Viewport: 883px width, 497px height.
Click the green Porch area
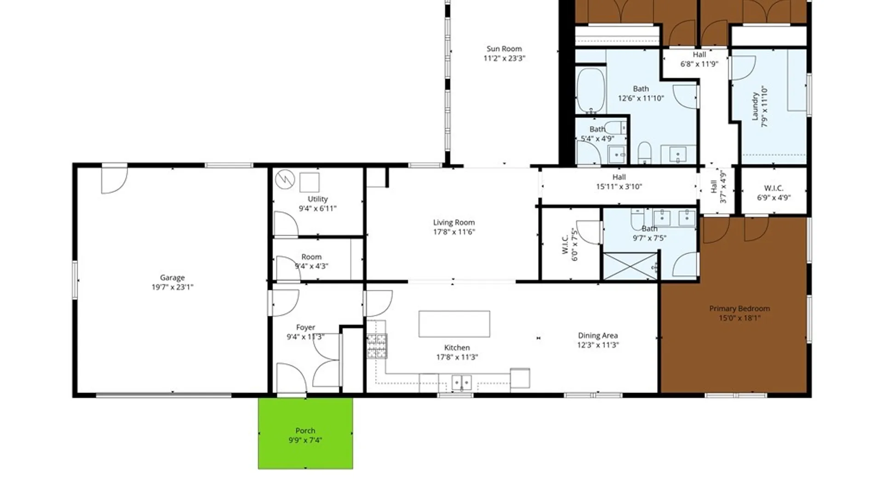[x=305, y=433]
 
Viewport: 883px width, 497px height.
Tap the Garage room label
[x=172, y=277]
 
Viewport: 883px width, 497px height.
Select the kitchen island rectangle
[x=454, y=324]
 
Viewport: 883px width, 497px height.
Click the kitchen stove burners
[x=377, y=346]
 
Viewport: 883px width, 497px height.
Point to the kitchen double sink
[x=461, y=382]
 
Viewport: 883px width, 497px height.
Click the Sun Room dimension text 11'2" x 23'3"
[x=504, y=58]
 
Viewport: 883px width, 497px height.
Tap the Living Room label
[x=454, y=223]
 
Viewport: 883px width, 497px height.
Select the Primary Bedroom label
[x=740, y=309]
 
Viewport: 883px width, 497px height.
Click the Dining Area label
[x=598, y=336]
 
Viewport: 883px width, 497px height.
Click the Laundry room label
[x=755, y=106]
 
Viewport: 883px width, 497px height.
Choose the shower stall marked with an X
[x=630, y=266]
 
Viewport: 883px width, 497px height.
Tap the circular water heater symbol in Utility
[x=285, y=179]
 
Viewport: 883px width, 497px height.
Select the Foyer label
[x=305, y=327]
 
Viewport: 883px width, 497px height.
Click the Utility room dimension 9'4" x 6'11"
[x=318, y=208]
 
